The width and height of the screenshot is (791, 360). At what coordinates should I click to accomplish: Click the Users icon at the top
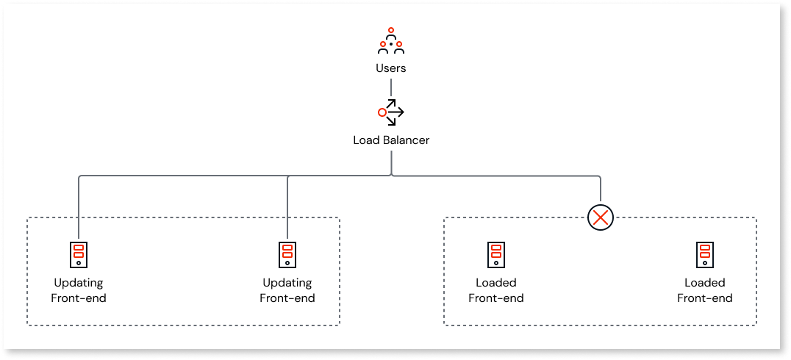coord(390,42)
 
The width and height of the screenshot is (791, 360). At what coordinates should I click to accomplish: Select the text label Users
coord(390,68)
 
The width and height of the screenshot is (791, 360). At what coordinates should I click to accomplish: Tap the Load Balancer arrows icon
coord(390,112)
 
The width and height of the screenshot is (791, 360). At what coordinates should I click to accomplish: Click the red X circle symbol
coord(601,217)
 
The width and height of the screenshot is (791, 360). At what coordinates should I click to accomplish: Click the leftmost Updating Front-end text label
coord(78,290)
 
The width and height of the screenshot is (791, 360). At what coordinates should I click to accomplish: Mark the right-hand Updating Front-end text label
coord(287,290)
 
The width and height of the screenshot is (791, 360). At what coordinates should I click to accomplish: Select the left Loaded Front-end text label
coord(495,290)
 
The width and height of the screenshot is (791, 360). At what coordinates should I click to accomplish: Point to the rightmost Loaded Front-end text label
coord(704,290)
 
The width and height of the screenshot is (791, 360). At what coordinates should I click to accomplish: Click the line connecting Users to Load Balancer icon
coord(390,87)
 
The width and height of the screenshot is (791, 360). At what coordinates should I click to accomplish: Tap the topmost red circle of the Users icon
coord(390,31)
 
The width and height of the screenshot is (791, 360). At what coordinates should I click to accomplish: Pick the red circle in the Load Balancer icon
coord(382,112)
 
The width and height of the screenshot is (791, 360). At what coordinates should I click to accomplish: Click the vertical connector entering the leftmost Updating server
coord(78,206)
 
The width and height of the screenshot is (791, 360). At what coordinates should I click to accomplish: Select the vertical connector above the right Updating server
coord(287,206)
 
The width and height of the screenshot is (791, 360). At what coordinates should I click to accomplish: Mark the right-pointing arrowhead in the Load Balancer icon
coord(401,112)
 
